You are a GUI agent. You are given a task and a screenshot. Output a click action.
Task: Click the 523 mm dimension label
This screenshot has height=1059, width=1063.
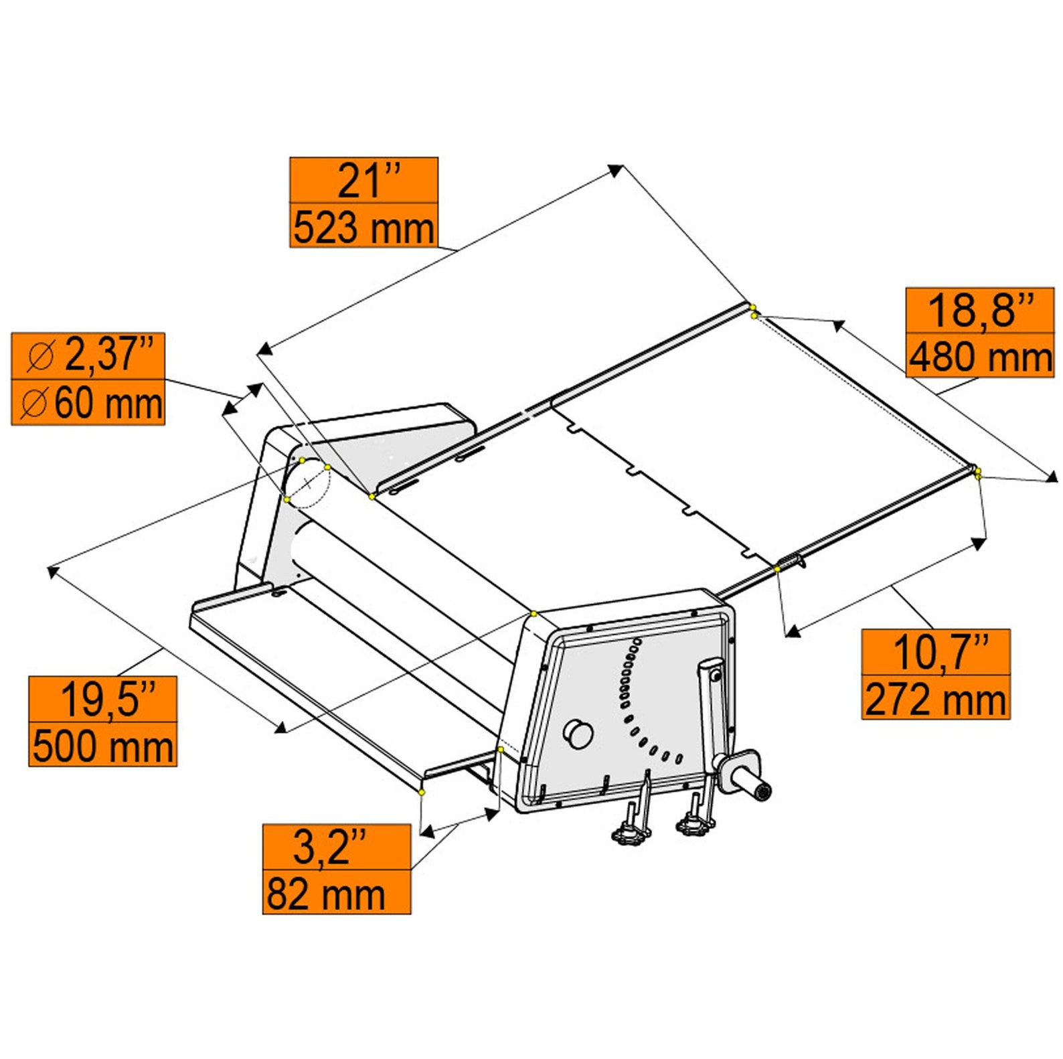click(x=363, y=227)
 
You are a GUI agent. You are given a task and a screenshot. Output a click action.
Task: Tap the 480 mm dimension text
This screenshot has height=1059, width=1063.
click(x=980, y=356)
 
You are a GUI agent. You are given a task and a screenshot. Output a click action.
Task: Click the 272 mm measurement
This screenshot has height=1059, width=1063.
click(x=935, y=699)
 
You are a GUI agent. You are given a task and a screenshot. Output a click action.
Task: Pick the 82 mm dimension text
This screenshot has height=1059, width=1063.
click(x=326, y=894)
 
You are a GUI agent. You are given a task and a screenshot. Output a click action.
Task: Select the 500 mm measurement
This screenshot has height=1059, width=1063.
click(x=103, y=745)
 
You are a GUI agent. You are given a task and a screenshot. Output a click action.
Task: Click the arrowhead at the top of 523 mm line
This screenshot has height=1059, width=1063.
click(x=615, y=170)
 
